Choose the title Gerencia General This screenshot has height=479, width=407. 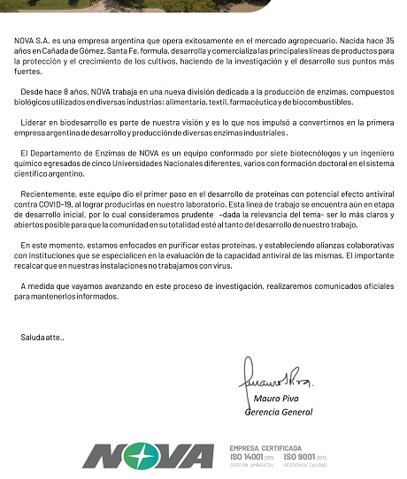[278, 412]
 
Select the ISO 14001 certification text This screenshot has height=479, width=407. [253, 456]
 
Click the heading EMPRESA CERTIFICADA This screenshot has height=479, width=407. [265, 447]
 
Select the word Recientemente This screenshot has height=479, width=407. [52, 194]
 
